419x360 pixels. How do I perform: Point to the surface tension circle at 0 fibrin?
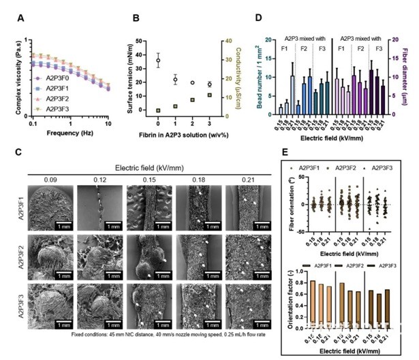(x=158, y=61)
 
